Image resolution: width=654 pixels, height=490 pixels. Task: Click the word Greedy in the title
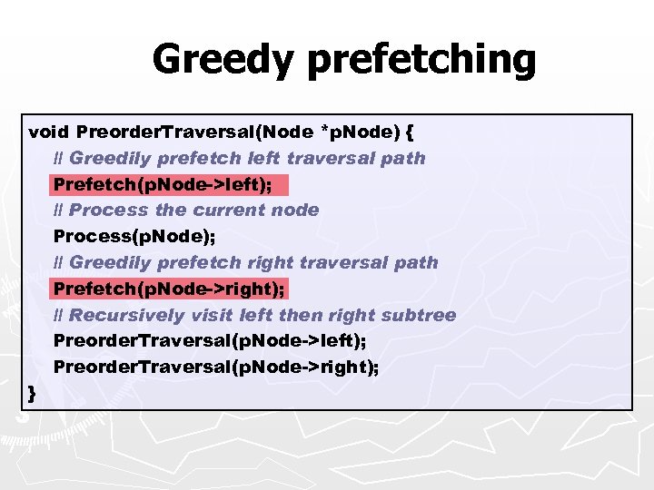223,60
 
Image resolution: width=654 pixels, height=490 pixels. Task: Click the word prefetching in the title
422,60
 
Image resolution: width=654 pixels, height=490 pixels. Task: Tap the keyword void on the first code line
49,132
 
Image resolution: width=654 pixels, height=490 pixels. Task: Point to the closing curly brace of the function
33,393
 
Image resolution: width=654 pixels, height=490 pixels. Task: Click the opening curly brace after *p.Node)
410,132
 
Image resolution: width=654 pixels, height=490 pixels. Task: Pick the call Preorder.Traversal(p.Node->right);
217,367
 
